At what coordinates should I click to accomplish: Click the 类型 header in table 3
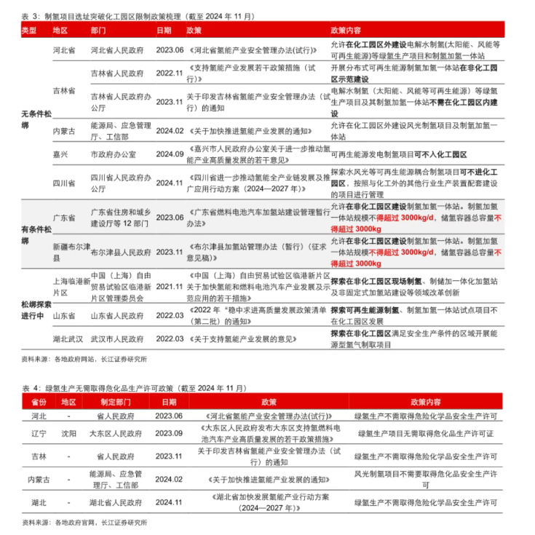point(29,31)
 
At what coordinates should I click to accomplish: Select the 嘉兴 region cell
point(60,154)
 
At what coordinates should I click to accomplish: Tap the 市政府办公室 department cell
point(111,154)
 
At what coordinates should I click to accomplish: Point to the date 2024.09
point(170,154)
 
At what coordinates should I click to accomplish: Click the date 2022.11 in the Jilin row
point(170,74)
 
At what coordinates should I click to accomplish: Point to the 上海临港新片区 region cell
point(69,287)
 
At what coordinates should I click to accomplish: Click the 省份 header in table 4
point(38,402)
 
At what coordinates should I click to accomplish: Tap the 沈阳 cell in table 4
point(68,433)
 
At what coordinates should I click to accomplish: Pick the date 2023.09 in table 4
point(169,433)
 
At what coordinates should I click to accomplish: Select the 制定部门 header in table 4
point(116,402)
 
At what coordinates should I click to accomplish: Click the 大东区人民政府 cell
point(116,433)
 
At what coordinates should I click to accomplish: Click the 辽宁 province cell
point(38,433)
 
